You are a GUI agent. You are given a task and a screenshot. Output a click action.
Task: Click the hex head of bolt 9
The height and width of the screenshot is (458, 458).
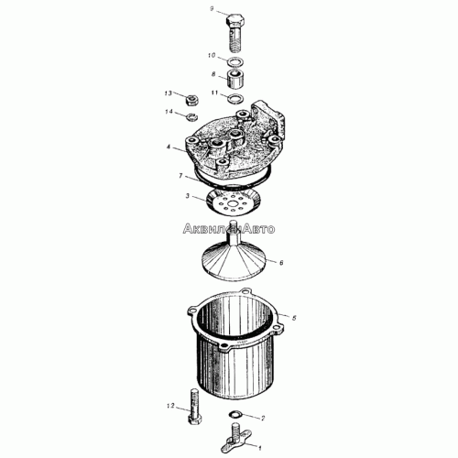(x=235, y=21)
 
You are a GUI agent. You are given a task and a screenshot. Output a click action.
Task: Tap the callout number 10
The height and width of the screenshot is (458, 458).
(x=212, y=56)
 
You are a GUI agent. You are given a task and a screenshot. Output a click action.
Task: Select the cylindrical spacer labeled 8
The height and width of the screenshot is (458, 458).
(x=235, y=79)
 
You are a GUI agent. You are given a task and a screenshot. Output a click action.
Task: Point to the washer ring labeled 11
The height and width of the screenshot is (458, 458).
(x=235, y=98)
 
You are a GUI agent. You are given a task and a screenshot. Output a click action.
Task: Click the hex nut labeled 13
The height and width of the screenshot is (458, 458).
(x=192, y=100)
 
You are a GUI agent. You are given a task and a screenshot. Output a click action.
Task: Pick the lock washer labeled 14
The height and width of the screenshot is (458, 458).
(x=192, y=116)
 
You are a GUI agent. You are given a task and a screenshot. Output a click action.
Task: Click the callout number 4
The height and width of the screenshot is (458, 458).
(x=169, y=147)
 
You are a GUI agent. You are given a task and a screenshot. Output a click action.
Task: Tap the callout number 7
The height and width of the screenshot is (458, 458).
(x=180, y=176)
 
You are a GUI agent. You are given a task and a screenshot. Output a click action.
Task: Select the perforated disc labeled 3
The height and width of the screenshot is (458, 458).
(x=234, y=202)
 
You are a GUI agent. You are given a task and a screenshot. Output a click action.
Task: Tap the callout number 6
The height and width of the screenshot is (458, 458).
(x=281, y=262)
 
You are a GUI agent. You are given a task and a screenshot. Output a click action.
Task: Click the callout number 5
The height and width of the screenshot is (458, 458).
(x=294, y=318)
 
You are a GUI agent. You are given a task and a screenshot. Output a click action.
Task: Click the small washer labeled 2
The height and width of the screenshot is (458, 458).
(x=235, y=414)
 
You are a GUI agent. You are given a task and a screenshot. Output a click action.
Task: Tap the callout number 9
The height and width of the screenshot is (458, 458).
(x=212, y=9)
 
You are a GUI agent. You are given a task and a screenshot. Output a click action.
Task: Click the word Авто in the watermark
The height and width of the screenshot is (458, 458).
(x=258, y=229)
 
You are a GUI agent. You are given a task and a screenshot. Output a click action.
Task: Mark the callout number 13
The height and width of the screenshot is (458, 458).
(x=169, y=93)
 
